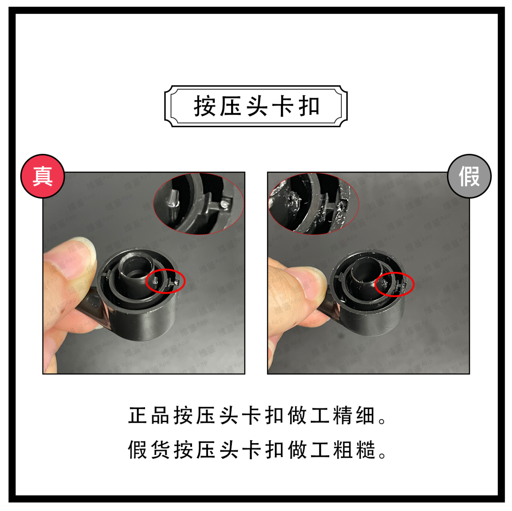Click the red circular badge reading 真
[42, 176]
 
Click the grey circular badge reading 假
[469, 176]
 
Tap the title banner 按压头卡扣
[256, 106]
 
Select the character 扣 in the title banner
[309, 107]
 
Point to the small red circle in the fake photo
[394, 284]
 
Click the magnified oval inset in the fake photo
[314, 204]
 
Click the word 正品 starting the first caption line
[149, 416]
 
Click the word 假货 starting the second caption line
[149, 450]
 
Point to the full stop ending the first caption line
[382, 420]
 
